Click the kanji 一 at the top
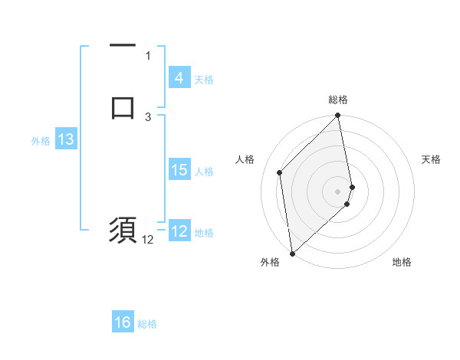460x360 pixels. click(123, 46)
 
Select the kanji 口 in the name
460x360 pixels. click(123, 108)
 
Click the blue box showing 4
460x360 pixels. click(179, 78)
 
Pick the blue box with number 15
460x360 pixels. click(179, 170)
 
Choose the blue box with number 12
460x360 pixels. click(179, 231)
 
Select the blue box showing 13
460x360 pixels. click(65, 139)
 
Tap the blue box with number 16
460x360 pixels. click(123, 322)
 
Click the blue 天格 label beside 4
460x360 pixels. click(204, 80)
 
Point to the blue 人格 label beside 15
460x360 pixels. click(205, 172)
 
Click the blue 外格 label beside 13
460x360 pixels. click(41, 141)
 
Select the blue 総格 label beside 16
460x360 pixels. click(147, 324)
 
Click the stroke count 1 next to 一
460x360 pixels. click(148, 55)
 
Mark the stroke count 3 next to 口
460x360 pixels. click(148, 116)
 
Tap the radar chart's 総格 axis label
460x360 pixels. click(338, 100)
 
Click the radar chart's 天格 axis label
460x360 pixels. click(431, 159)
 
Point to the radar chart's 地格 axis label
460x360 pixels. click(402, 262)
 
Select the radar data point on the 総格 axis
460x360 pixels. click(338, 116)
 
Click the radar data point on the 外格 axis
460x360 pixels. click(291, 254)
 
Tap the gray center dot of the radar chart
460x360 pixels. click(338, 191)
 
